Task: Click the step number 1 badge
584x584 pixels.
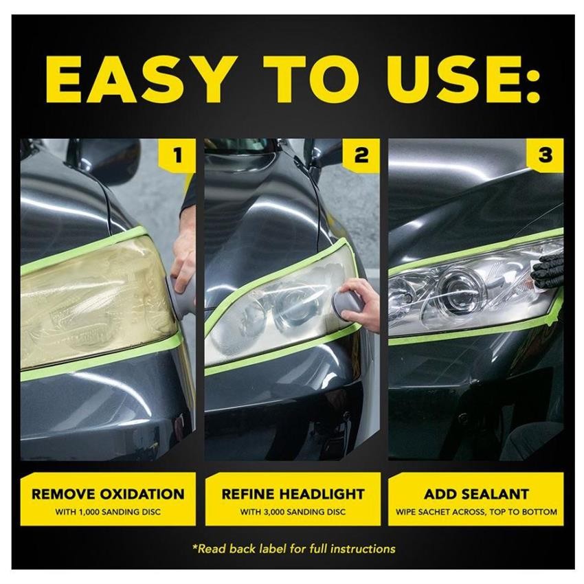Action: tap(178, 156)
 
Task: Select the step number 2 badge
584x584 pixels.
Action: tap(361, 156)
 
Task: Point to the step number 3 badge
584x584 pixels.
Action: tap(545, 156)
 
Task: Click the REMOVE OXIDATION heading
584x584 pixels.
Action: tap(108, 494)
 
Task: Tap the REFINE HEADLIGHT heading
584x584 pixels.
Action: tap(292, 494)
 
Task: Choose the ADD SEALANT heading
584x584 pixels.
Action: tap(476, 494)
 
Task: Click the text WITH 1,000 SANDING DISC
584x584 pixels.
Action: tap(108, 512)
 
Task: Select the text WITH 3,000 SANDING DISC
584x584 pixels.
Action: tap(292, 512)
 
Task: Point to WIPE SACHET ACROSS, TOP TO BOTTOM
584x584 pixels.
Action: tap(476, 512)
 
